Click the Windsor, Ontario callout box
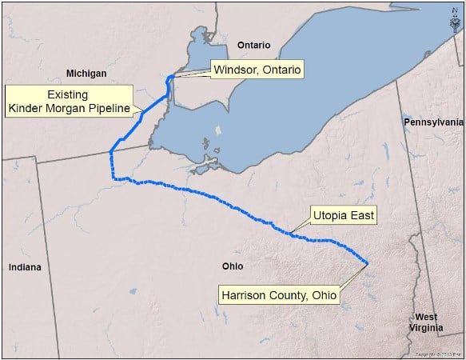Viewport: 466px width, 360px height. (257, 70)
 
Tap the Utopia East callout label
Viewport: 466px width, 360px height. (343, 215)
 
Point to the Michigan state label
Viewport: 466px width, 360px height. (86, 74)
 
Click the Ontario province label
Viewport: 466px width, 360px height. (254, 46)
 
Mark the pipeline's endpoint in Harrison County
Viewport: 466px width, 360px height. (367, 263)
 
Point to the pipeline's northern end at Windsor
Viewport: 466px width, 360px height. (170, 78)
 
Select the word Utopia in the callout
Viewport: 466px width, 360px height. (330, 215)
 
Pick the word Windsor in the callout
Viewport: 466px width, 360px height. (234, 70)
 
